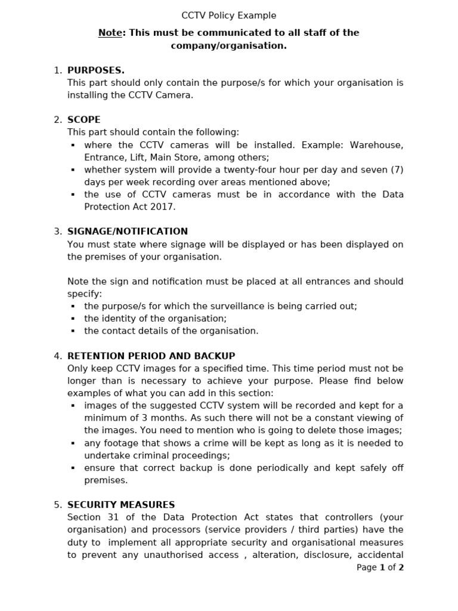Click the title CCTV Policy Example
pyautogui.click(x=229, y=16)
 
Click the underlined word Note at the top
pyautogui.click(x=110, y=33)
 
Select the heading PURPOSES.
pyautogui.click(x=96, y=70)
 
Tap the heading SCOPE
pyautogui.click(x=84, y=120)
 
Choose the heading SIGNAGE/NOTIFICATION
pyautogui.click(x=128, y=232)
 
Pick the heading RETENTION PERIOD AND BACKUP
pyautogui.click(x=151, y=356)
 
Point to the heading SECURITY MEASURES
pyautogui.click(x=121, y=505)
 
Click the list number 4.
pyautogui.click(x=57, y=356)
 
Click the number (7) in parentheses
pyautogui.click(x=397, y=170)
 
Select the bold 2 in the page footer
pyautogui.click(x=401, y=567)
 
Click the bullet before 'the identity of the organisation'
pyautogui.click(x=73, y=319)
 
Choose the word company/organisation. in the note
pyautogui.click(x=229, y=45)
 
